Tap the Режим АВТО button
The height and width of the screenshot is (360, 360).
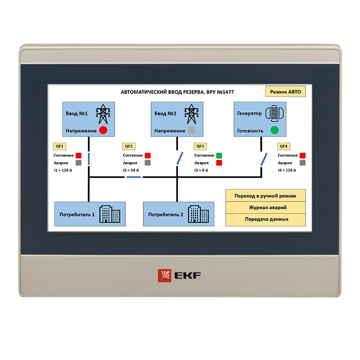pos(285,91)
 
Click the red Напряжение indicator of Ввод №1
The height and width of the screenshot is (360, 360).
pos(103,130)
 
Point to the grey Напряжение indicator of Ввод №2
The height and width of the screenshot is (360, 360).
pos(191,130)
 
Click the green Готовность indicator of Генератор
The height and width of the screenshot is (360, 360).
pos(274,130)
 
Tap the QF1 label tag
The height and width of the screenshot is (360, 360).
pos(59,146)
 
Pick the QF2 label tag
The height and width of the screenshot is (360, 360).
pos(129,146)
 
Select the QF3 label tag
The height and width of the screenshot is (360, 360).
pos(200,146)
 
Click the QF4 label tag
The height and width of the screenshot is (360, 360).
pos(283,146)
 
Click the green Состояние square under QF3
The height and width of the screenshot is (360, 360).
pos(219,155)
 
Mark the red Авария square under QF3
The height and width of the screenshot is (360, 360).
pos(219,163)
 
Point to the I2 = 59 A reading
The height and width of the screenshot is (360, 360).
pos(131,170)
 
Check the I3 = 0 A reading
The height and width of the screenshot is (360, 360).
pos(201,170)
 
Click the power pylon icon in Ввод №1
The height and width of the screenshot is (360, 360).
pos(103,114)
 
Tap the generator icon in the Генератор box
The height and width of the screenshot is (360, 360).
pos(274,113)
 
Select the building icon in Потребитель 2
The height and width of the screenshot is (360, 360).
pos(198,214)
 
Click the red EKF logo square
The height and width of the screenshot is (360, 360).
pos(164,275)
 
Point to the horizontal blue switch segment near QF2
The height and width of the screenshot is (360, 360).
pos(133,177)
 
